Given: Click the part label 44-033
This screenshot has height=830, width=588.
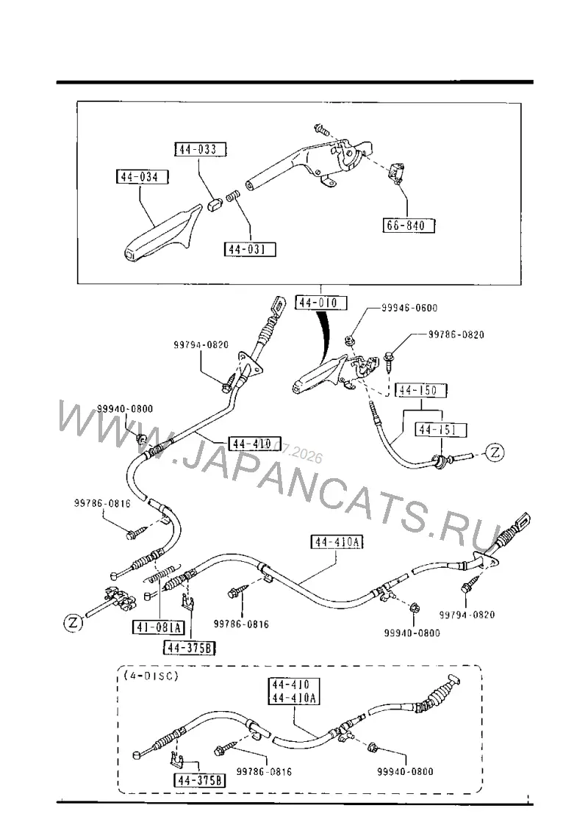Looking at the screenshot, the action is tap(200, 149).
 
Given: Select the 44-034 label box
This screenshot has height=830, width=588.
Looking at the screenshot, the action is tap(141, 177).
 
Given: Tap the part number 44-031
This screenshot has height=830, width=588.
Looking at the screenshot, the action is tap(250, 249).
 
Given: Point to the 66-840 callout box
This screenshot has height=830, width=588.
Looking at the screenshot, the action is tap(408, 225).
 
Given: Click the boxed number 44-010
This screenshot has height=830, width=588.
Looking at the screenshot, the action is tap(321, 302).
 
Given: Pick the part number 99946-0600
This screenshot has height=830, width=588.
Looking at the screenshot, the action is tap(409, 308).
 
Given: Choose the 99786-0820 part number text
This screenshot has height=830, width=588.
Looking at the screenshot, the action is tap(456, 334).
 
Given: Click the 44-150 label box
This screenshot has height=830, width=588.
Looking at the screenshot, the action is tap(421, 390).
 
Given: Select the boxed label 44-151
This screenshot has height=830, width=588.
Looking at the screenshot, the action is tap(441, 429).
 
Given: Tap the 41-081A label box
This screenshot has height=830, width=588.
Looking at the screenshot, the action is tap(158, 628).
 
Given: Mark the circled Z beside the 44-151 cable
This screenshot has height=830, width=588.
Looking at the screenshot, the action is tap(495, 452).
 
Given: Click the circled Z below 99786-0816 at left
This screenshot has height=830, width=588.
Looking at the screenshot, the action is tap(73, 623).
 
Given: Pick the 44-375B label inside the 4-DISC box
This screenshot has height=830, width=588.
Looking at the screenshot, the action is tap(199, 780).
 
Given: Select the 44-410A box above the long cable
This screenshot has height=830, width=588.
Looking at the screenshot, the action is tap(337, 542).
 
